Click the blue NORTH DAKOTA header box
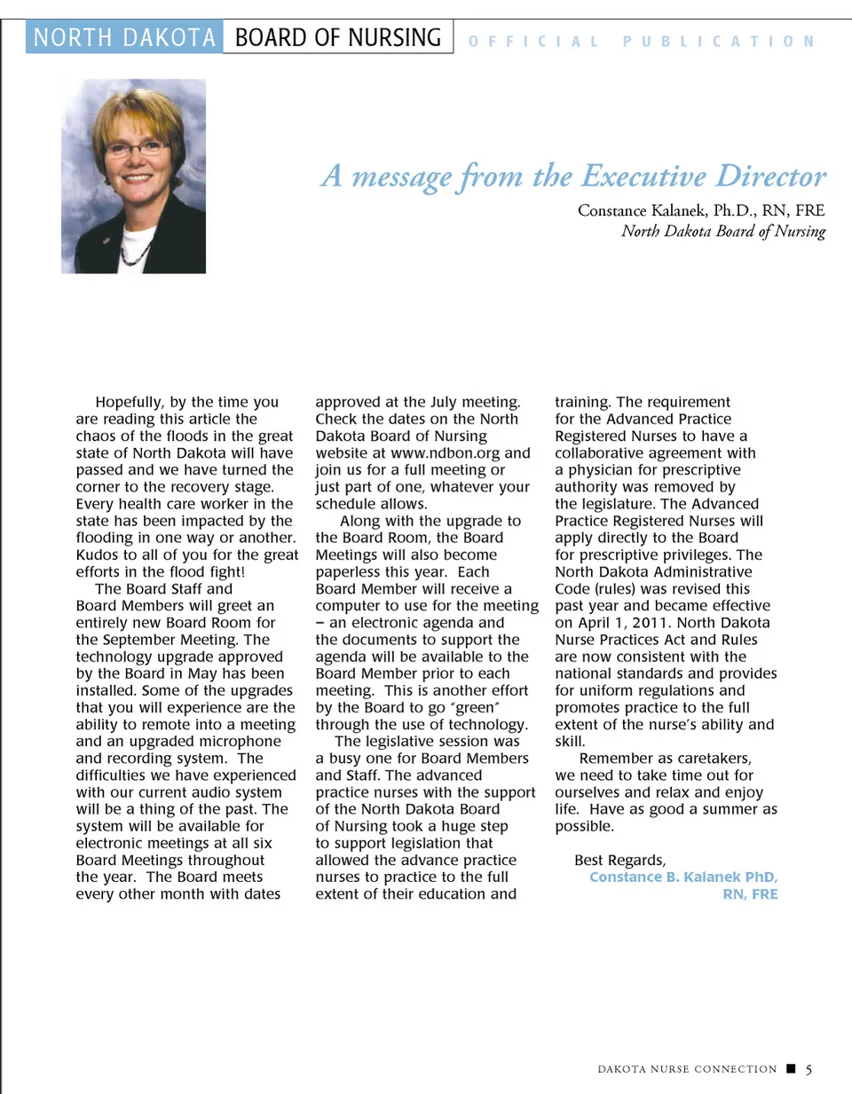coord(124,37)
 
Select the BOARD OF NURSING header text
coord(337,37)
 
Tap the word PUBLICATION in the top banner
coord(718,42)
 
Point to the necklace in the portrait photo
coord(134,253)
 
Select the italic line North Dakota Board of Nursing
coord(722,232)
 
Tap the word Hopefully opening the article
coord(130,402)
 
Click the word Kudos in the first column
coord(97,555)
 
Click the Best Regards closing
coord(619,861)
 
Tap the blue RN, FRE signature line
coord(750,894)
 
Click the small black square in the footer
coord(791,1068)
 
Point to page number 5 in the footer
coord(809,1069)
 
